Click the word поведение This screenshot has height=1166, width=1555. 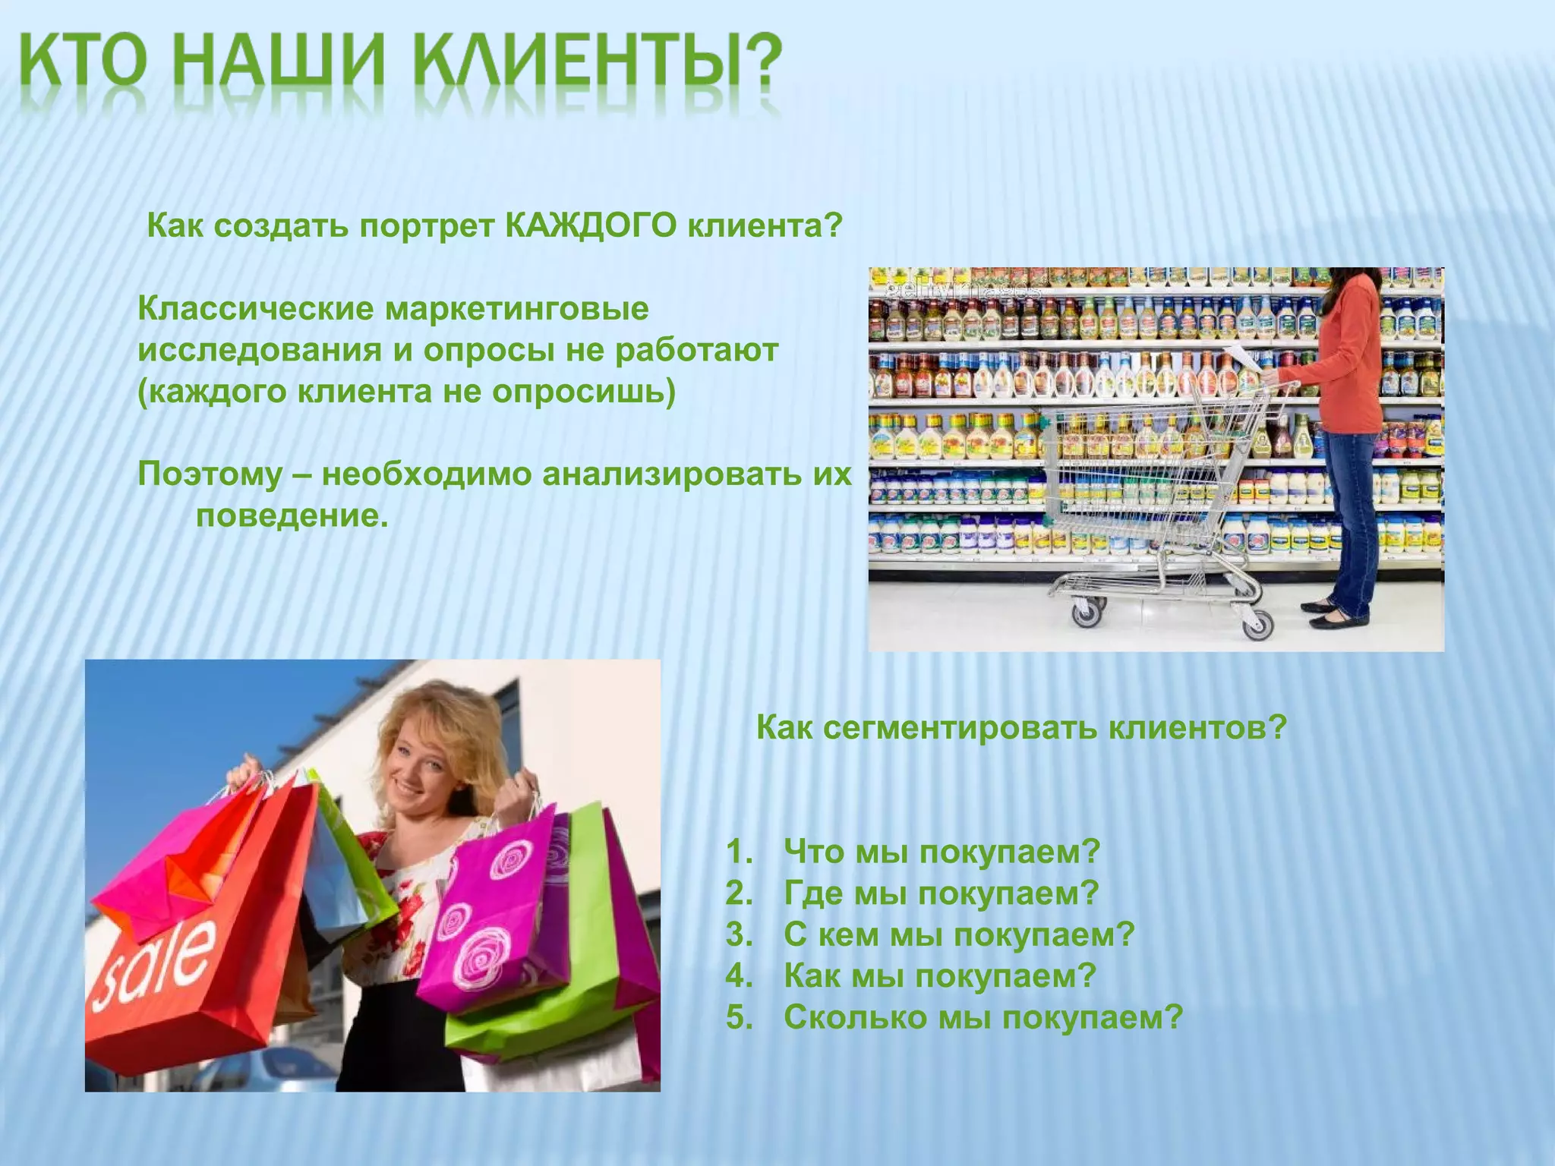(x=292, y=516)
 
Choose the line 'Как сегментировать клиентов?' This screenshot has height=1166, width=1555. (x=1022, y=728)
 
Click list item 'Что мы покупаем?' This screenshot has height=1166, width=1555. (x=942, y=852)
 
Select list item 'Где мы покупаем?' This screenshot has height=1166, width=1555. (x=942, y=893)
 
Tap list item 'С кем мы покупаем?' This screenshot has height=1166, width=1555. (x=958, y=934)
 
